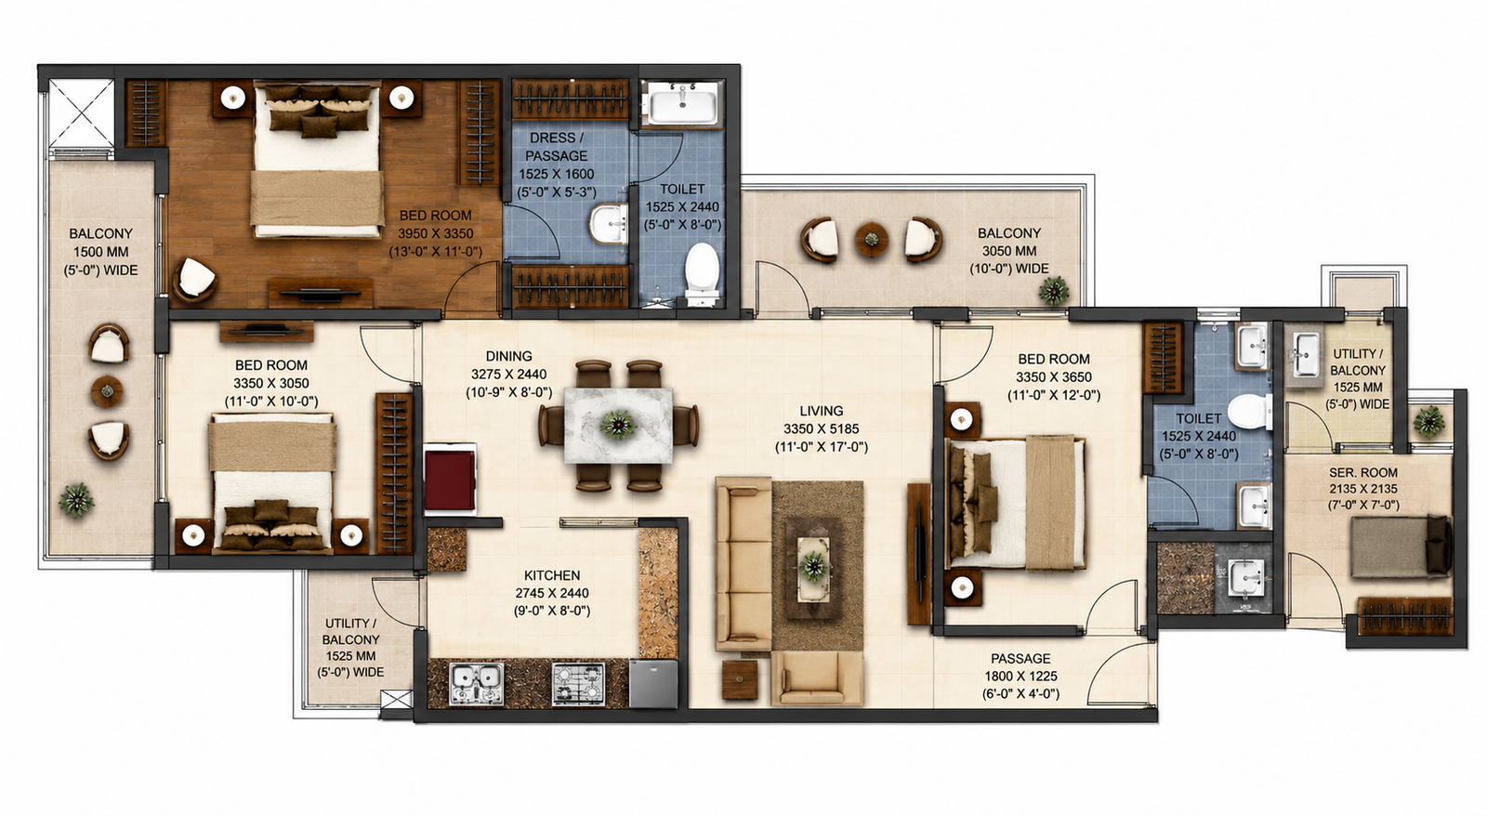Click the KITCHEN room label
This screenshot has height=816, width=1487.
tap(552, 575)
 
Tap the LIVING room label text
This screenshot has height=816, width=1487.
tap(822, 411)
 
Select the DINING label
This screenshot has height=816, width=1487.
tap(508, 356)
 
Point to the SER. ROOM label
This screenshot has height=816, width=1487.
tap(1362, 473)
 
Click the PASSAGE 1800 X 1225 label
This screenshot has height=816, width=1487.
tap(1020, 677)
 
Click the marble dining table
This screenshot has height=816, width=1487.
tap(618, 425)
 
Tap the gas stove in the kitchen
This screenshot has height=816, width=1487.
tap(578, 685)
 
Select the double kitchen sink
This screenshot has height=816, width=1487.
tap(476, 685)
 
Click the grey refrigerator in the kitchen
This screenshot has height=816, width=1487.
tap(653, 683)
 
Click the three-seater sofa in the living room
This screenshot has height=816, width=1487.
tap(743, 564)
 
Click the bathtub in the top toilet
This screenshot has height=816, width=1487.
tap(682, 104)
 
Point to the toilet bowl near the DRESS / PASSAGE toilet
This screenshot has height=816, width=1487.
tap(702, 273)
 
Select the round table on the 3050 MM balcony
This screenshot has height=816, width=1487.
tap(871, 240)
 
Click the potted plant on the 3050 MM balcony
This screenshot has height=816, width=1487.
tap(1054, 290)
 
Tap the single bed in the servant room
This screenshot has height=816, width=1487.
tap(1401, 547)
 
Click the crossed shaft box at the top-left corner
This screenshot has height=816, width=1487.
tap(81, 112)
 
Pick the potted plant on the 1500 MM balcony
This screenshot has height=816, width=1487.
tap(75, 499)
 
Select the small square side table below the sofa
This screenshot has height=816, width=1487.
tap(740, 679)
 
